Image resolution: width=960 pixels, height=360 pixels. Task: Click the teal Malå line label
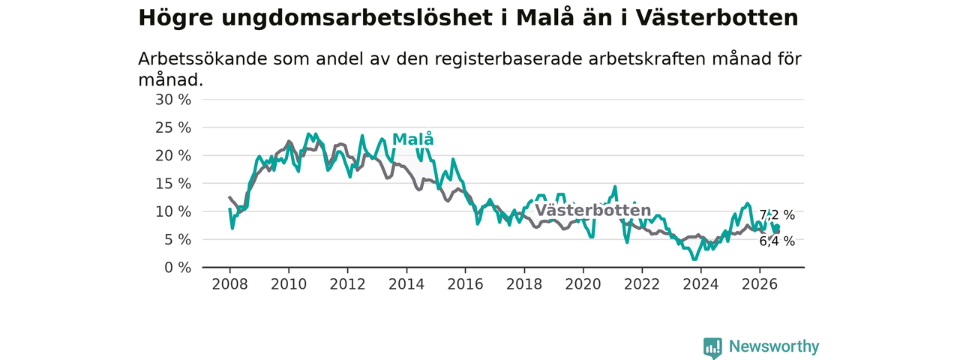[x=412, y=139]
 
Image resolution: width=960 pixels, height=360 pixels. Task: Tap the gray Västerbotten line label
[x=593, y=211]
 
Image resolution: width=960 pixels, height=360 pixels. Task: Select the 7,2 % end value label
[x=777, y=215]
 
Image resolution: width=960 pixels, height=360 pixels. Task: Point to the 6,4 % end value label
[x=777, y=241]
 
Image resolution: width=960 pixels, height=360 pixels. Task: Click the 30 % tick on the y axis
[x=173, y=100]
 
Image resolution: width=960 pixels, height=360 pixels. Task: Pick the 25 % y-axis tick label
[x=173, y=127]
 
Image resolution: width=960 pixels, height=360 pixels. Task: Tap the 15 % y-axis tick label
[x=173, y=184]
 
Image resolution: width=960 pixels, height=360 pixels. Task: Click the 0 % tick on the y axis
[x=178, y=268]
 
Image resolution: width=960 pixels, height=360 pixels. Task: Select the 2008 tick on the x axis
[x=229, y=284]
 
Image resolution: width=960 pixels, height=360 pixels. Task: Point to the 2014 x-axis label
[x=406, y=284]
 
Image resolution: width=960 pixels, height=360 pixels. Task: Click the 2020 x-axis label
[x=583, y=284]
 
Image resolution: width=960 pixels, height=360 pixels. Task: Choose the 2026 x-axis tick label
[x=760, y=284]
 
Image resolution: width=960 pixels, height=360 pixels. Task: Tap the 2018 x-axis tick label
[x=524, y=284]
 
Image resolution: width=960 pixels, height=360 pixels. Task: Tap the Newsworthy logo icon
[x=712, y=347]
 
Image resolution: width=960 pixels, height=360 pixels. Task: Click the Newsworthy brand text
[x=774, y=346]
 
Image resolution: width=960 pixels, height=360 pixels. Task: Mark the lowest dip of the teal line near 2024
[x=694, y=259]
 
